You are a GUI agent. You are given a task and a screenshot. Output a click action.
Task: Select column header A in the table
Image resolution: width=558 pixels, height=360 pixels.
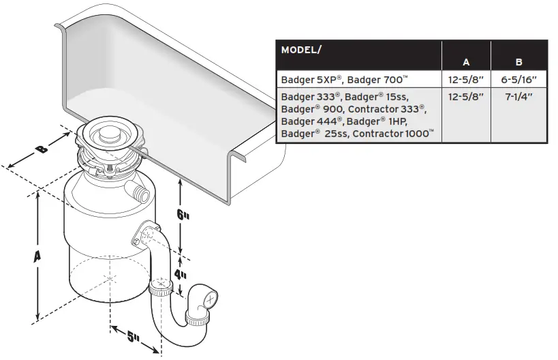pos(466,62)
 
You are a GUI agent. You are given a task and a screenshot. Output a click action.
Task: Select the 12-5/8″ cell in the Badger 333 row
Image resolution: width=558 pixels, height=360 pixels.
pos(466,96)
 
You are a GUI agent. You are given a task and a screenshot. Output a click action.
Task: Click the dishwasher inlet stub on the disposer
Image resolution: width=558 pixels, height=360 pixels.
pos(138,192)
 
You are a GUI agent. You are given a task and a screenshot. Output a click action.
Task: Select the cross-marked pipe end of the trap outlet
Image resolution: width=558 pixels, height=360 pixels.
pos(212,298)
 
